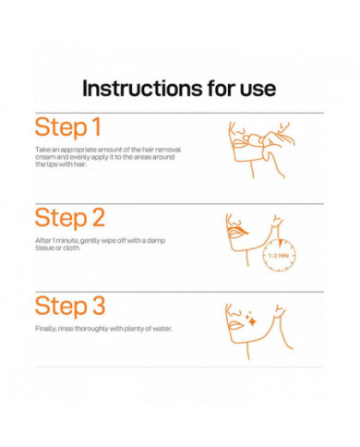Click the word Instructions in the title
(x=142, y=89)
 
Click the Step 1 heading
(x=68, y=127)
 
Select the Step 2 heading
(x=70, y=218)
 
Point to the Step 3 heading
(x=70, y=306)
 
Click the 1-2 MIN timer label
(x=279, y=256)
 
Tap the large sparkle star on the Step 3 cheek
(x=252, y=321)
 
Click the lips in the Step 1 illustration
(x=239, y=145)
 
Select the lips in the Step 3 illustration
(x=234, y=325)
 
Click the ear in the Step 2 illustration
(x=278, y=220)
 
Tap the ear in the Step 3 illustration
(x=280, y=309)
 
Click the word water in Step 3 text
(x=162, y=329)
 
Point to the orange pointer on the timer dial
(x=280, y=243)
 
